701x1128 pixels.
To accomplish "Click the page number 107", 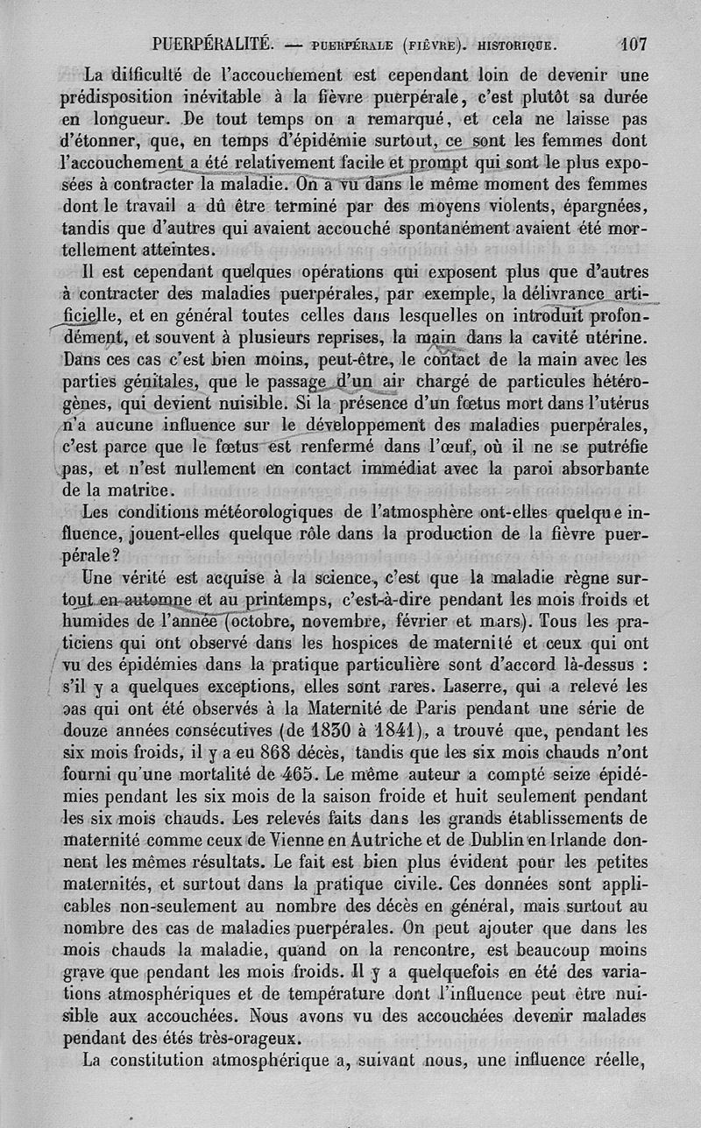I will pos(632,41).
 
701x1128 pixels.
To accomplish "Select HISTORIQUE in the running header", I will pos(516,42).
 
